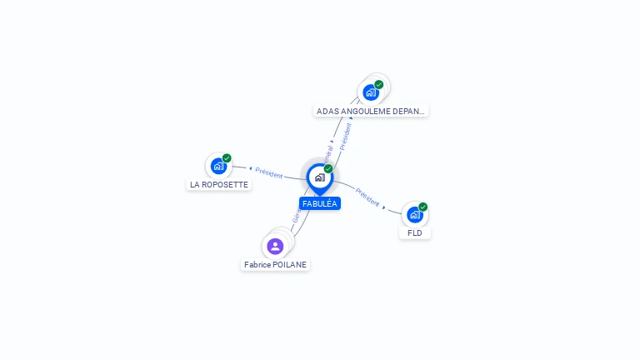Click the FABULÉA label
click(x=320, y=203)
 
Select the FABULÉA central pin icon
click(x=320, y=177)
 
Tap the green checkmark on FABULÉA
click(x=328, y=169)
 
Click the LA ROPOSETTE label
click(x=219, y=184)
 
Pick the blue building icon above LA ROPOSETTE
click(x=218, y=166)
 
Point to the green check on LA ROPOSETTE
click(x=227, y=158)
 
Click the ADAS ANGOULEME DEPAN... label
click(x=371, y=110)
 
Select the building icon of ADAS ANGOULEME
click(x=371, y=92)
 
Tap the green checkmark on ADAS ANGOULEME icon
click(x=379, y=84)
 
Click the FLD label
click(x=415, y=233)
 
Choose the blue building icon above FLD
click(x=415, y=215)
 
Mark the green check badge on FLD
click(x=423, y=207)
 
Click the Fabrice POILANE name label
click(x=275, y=264)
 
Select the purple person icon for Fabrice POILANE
click(x=275, y=246)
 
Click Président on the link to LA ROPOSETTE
click(x=269, y=172)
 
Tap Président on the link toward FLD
click(x=367, y=197)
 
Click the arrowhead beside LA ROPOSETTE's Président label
click(x=250, y=169)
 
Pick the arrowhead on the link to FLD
click(x=384, y=205)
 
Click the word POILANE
click(x=290, y=264)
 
